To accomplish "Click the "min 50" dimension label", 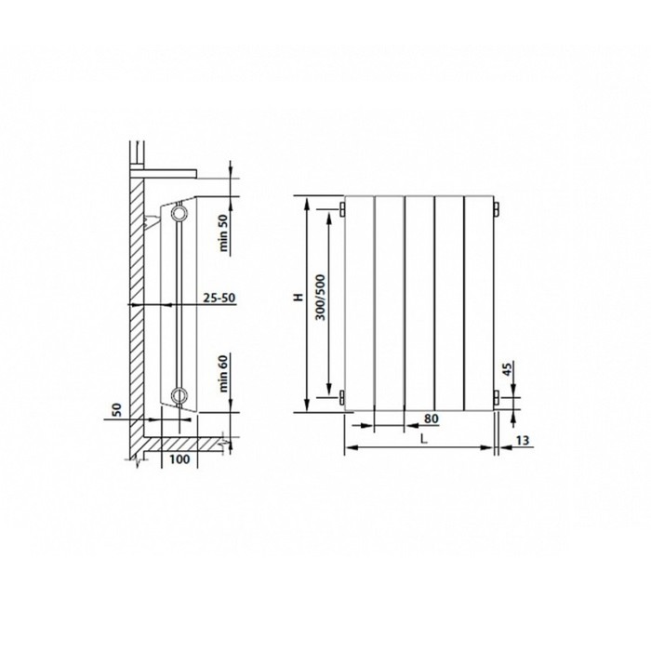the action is (x=223, y=232).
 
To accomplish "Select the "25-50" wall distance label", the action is (x=219, y=298).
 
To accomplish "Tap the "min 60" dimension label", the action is (x=223, y=374).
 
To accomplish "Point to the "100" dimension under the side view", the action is (x=179, y=459).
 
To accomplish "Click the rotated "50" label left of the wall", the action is (x=117, y=410).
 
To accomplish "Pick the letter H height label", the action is (x=299, y=297).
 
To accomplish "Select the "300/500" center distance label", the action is (x=321, y=298).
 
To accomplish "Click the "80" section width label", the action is (x=432, y=418).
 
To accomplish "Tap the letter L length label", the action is (x=423, y=439).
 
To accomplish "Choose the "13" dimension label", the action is (x=523, y=440).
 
